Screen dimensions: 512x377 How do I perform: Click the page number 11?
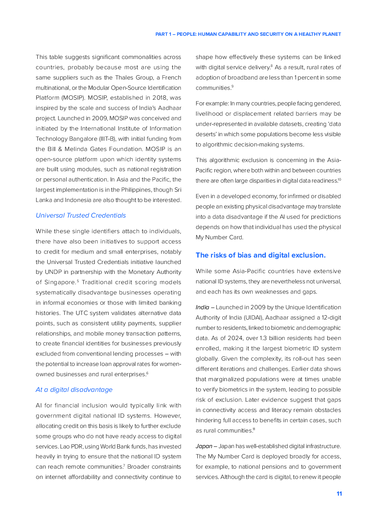pos(339,494)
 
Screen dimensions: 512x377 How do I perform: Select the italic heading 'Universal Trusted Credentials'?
pos(81,215)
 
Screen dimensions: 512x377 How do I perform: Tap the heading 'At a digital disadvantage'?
pos(74,390)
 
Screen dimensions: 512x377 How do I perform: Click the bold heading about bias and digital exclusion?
pos(260,255)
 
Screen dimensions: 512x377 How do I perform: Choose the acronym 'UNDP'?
pos(54,272)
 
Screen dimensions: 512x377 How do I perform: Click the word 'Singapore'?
pos(60,282)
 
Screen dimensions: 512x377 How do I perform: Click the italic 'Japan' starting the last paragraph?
pos(204,446)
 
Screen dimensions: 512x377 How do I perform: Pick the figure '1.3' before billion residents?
pos(263,338)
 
